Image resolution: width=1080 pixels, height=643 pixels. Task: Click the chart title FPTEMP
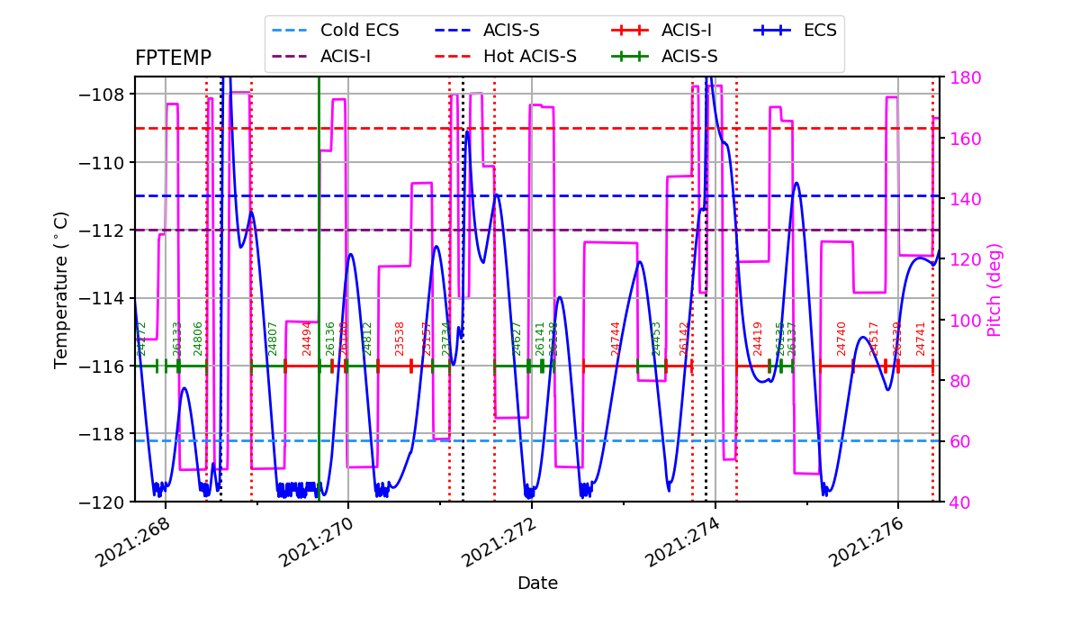pos(173,59)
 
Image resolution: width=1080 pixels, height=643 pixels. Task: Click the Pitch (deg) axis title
pos(994,289)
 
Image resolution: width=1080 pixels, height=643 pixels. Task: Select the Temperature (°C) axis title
pos(61,289)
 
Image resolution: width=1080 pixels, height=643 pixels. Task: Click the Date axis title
pos(537,584)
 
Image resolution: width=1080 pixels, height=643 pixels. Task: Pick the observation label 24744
pos(616,339)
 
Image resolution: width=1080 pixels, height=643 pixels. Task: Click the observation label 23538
pos(400,339)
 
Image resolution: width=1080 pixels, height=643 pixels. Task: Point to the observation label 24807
pos(273,339)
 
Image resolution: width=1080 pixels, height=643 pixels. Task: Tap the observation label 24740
pos(841,339)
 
